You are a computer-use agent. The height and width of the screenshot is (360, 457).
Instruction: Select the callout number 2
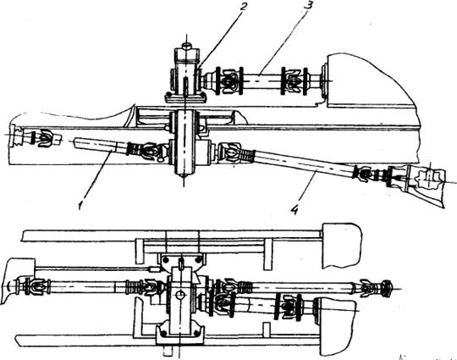243,7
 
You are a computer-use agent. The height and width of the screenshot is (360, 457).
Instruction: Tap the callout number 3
306,6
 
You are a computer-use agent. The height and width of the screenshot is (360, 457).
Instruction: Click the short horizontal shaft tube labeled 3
262,80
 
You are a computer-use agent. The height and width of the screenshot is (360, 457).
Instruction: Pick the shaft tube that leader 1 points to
100,143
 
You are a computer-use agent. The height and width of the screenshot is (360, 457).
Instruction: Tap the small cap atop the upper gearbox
186,46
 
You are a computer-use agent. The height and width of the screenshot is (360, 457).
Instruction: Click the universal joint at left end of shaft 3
228,81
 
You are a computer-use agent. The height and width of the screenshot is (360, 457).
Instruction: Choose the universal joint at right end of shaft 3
294,81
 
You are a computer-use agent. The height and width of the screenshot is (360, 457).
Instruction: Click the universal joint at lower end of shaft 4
363,173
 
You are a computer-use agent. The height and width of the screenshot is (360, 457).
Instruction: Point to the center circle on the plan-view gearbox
180,295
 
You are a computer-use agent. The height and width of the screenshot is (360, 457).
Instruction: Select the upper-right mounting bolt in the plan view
199,259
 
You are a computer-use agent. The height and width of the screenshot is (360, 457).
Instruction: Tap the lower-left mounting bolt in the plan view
163,333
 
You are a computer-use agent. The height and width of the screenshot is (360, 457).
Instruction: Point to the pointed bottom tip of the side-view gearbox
184,175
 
